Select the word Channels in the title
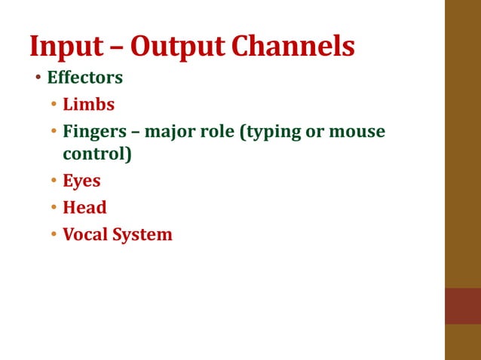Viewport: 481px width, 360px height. click(293, 46)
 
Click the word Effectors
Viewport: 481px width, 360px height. click(84, 78)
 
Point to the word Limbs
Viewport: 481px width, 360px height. click(88, 105)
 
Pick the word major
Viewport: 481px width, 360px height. click(171, 132)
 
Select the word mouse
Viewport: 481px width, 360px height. click(357, 132)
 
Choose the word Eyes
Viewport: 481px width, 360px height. click(81, 182)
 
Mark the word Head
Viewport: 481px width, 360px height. click(84, 207)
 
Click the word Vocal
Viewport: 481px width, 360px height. click(84, 234)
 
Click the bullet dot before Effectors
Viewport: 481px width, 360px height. click(38, 78)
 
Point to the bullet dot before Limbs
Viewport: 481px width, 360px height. click(54, 105)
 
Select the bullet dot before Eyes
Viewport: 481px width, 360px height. click(54, 182)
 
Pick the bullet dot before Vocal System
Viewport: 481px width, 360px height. click(54, 235)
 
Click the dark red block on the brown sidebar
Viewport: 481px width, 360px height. click(462, 306)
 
